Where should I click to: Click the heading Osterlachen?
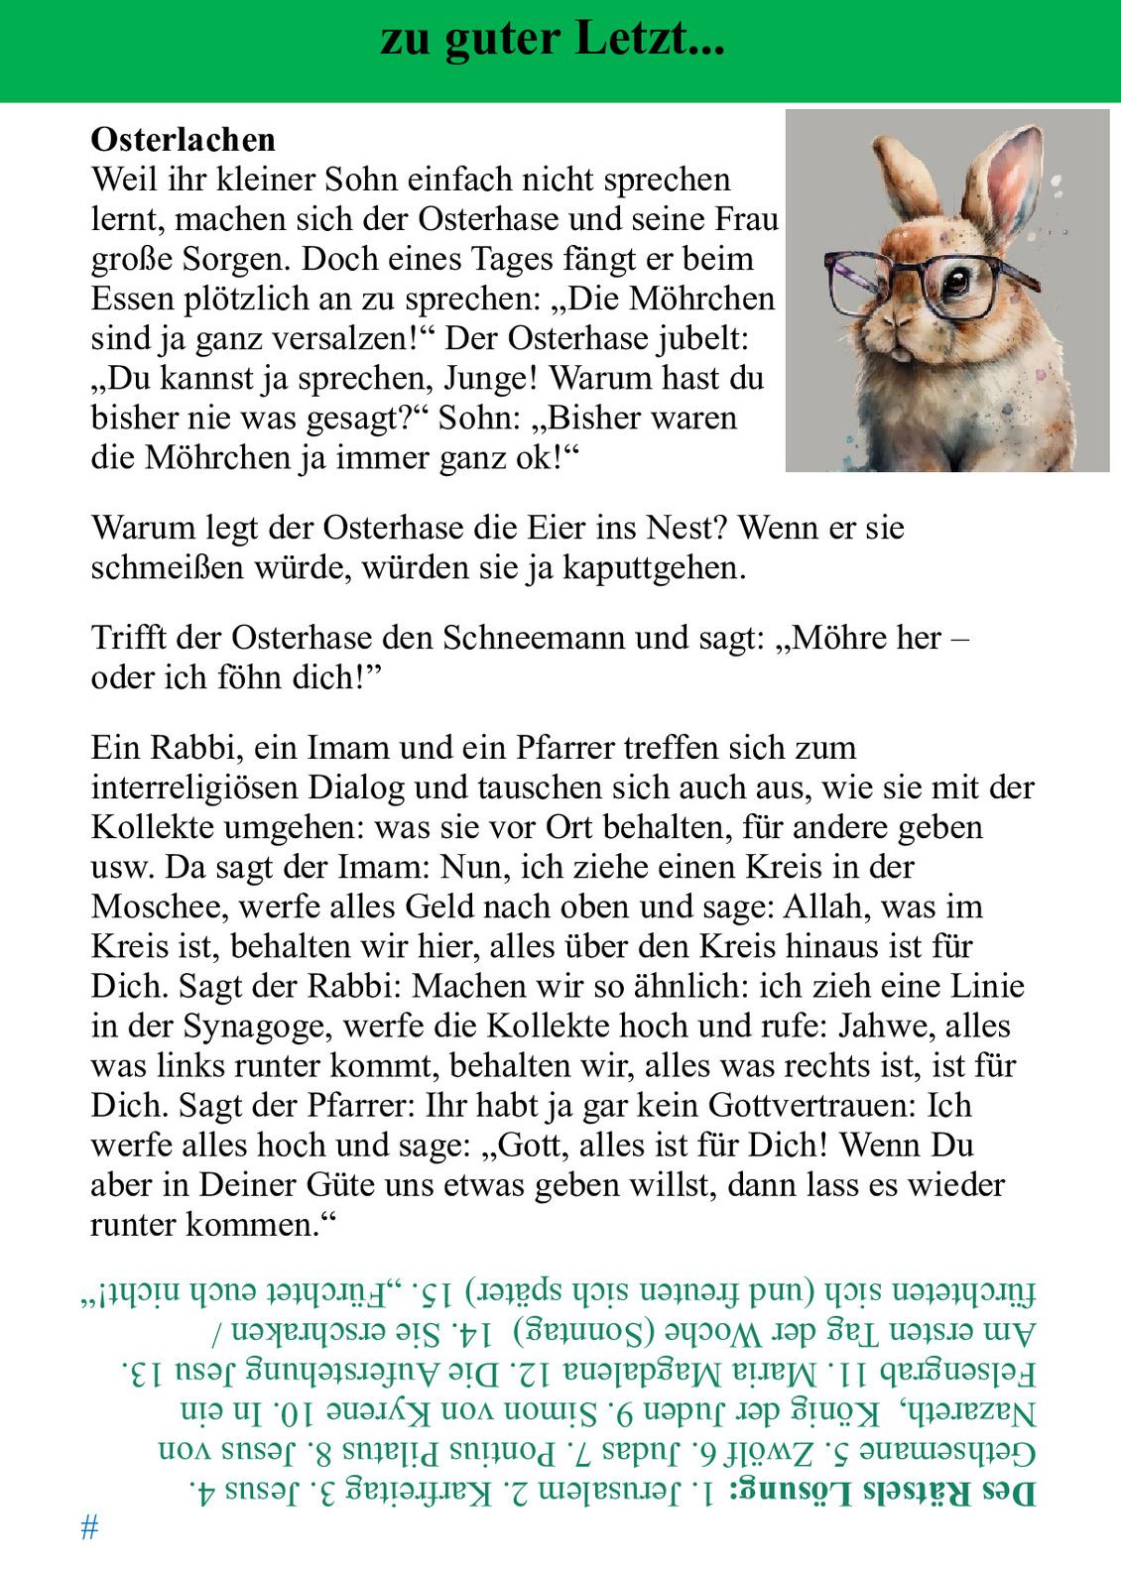(183, 140)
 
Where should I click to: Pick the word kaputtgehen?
(654, 568)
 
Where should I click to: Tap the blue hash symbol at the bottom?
(89, 1527)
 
